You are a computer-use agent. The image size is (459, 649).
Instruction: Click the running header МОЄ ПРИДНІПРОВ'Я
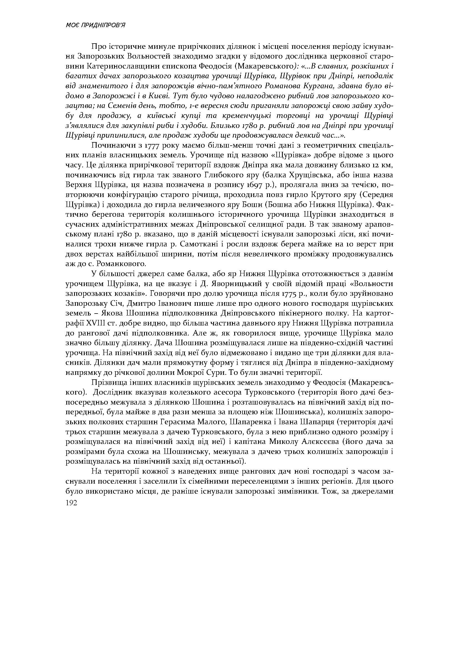pos(95,26)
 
